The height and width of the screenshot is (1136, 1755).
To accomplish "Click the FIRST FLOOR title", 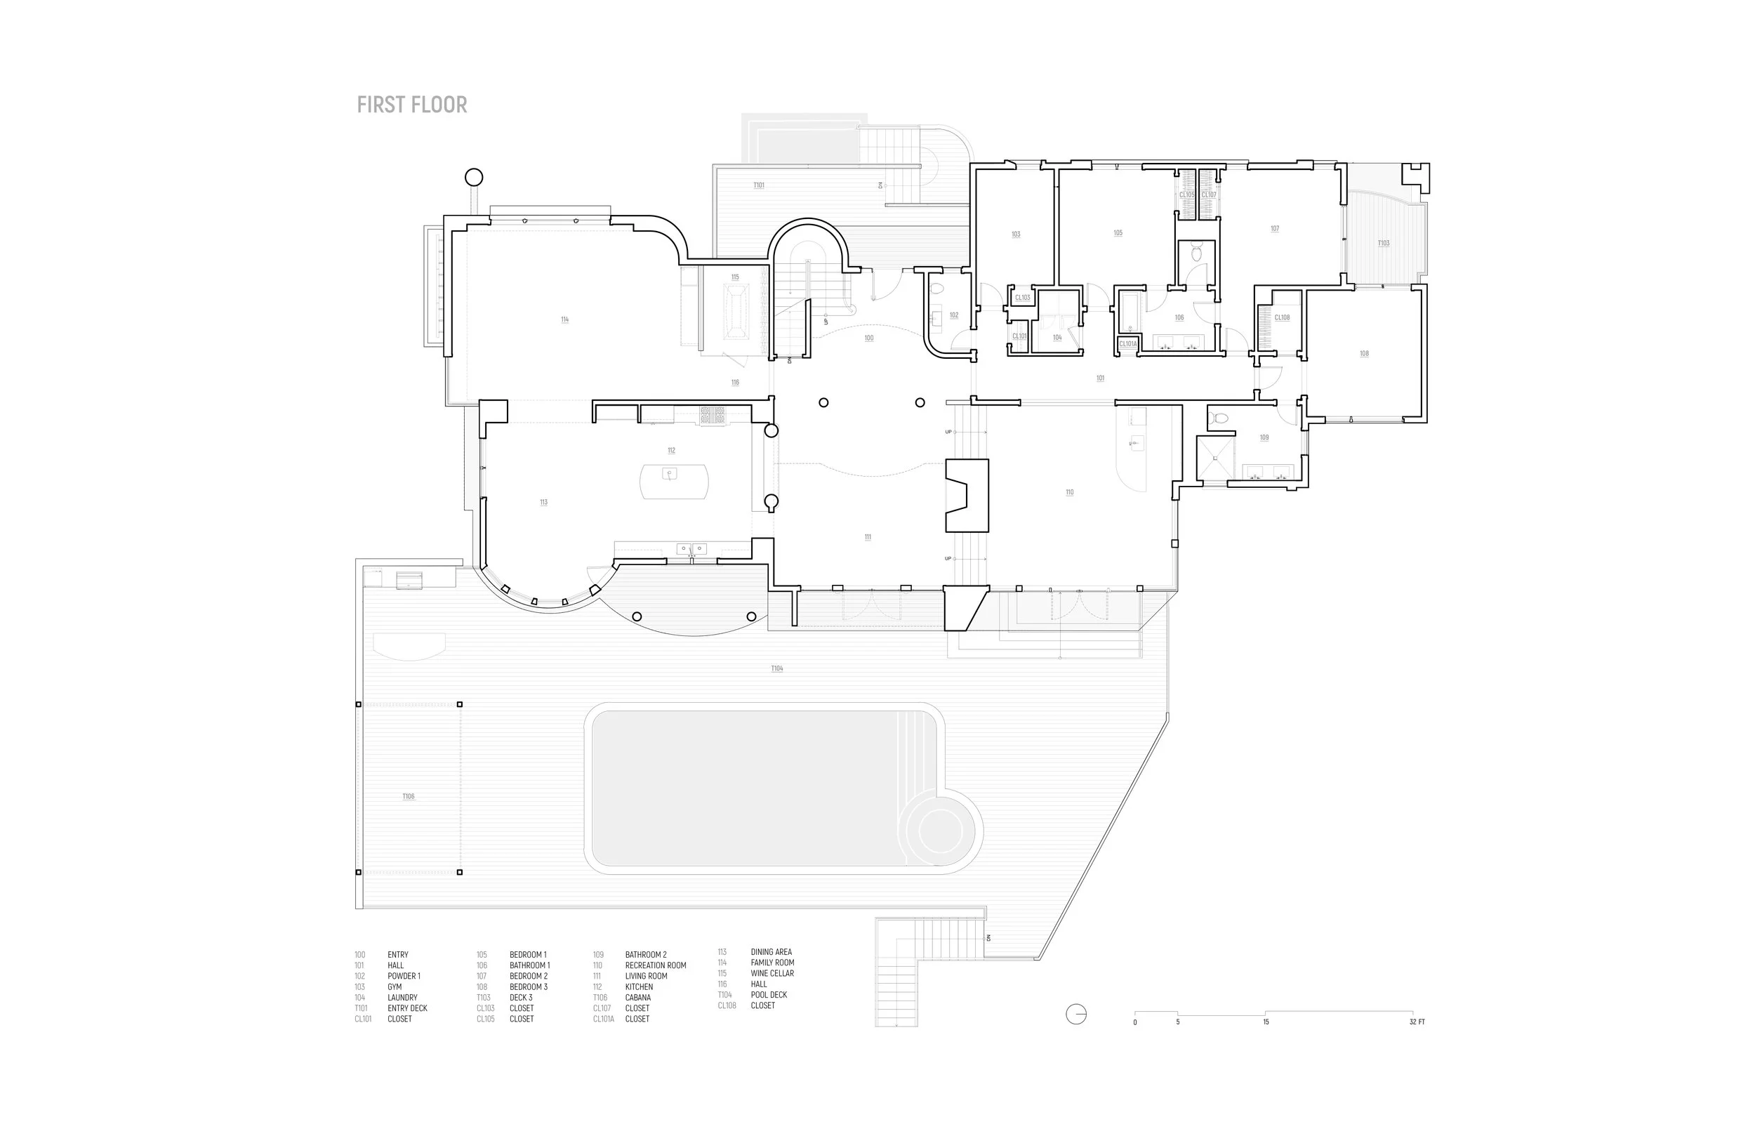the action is pyautogui.click(x=411, y=105).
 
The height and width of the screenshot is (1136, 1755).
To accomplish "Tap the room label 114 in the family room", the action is pyautogui.click(x=565, y=319).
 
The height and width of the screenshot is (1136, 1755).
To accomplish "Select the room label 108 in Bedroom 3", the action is pyautogui.click(x=1364, y=353).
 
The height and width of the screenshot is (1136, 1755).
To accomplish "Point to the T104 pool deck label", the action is pyautogui.click(x=777, y=668).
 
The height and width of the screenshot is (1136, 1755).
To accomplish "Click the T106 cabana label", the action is pyautogui.click(x=409, y=796).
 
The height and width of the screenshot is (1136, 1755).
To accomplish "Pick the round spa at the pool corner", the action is pyautogui.click(x=940, y=831).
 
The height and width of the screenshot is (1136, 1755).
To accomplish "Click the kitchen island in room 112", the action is pyautogui.click(x=674, y=481).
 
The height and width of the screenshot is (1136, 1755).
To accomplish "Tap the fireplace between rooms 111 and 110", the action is pyautogui.click(x=966, y=495).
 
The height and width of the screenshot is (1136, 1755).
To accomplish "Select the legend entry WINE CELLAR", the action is pyautogui.click(x=772, y=973).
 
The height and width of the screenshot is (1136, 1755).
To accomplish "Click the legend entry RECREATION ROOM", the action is pyautogui.click(x=656, y=965).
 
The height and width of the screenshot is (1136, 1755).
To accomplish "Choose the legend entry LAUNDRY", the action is pyautogui.click(x=403, y=997).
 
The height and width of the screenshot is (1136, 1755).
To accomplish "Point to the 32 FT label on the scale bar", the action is pyautogui.click(x=1417, y=1022).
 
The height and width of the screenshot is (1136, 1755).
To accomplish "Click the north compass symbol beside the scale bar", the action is pyautogui.click(x=1076, y=1015).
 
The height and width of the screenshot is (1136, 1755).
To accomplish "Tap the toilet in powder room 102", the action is pyautogui.click(x=937, y=289).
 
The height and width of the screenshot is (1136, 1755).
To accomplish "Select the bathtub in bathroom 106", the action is pyautogui.click(x=1127, y=311).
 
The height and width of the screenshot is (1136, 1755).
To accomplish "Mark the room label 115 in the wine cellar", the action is pyautogui.click(x=735, y=277).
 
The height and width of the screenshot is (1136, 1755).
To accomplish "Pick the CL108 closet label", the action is pyautogui.click(x=1283, y=318).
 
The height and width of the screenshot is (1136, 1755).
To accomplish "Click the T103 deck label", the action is pyautogui.click(x=1384, y=243).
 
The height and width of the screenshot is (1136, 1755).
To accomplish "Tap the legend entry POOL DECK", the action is pyautogui.click(x=769, y=994).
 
